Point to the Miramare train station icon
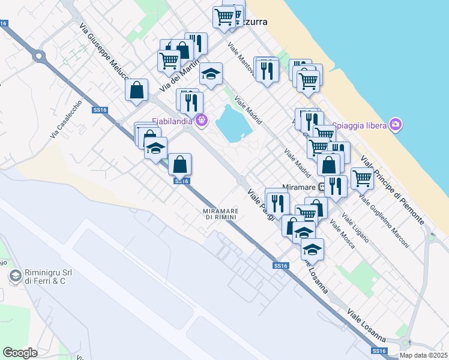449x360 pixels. click(x=323, y=187)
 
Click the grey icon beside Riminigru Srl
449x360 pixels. click(x=15, y=277)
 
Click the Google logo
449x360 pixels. click(x=20, y=353)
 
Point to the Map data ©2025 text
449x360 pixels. click(x=423, y=355)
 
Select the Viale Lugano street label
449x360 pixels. click(x=354, y=227)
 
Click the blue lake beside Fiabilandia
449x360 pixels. click(x=233, y=123)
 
